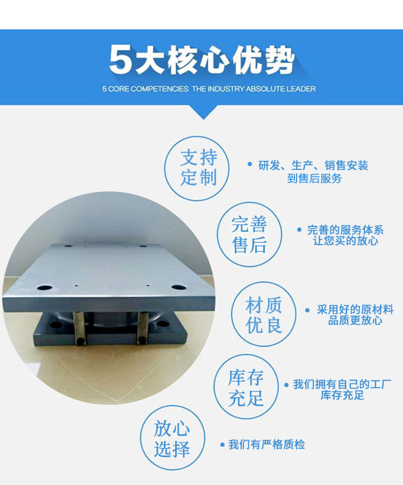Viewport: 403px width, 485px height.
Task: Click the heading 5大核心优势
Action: click(201, 60)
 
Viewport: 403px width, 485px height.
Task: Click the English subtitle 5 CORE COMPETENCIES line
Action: click(209, 89)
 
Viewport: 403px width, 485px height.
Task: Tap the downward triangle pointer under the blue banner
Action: click(203, 112)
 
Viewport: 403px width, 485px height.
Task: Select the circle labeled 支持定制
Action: click(197, 168)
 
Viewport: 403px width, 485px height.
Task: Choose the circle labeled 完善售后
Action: click(249, 234)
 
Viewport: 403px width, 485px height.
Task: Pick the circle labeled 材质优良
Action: click(264, 313)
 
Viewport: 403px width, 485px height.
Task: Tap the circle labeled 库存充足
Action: click(246, 386)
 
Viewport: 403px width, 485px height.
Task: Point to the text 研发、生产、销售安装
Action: click(313, 166)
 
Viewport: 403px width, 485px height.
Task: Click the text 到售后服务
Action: click(314, 178)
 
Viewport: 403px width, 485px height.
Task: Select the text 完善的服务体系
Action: click(345, 230)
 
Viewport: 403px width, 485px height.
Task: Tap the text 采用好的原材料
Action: click(355, 309)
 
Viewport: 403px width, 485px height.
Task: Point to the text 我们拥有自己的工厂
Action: click(342, 384)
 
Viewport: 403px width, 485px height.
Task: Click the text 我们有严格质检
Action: click(267, 445)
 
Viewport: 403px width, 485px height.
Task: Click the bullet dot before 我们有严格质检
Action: click(222, 445)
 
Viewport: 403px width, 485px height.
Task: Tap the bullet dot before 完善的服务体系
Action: click(299, 230)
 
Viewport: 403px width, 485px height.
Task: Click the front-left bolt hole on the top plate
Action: click(45, 288)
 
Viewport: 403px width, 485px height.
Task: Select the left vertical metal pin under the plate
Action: click(79, 328)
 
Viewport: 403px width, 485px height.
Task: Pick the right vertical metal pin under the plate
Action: click(142, 327)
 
